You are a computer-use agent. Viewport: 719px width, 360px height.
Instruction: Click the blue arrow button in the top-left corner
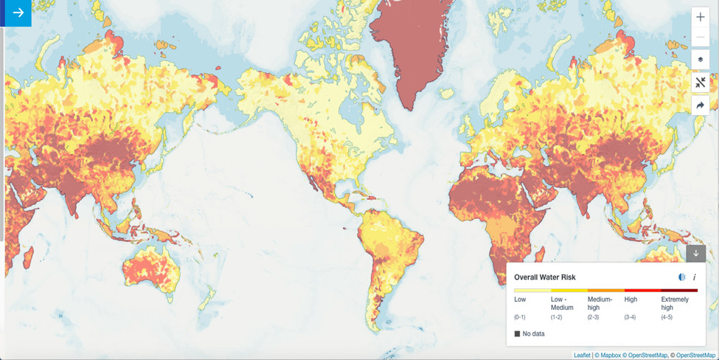tap(16, 13)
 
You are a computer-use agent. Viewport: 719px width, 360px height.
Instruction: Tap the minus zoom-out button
tap(700, 36)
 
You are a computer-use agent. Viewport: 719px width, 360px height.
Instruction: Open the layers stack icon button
tap(700, 60)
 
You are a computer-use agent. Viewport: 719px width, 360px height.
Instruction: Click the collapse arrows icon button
tap(700, 83)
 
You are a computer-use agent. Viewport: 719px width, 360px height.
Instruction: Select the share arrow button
tap(700, 105)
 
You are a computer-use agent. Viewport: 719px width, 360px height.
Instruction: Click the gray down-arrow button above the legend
tap(695, 253)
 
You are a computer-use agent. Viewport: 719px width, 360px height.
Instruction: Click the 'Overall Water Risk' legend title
tap(545, 277)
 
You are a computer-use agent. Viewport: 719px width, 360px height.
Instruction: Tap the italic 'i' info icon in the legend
tap(694, 277)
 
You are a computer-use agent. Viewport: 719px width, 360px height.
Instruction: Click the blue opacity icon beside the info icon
tap(681, 277)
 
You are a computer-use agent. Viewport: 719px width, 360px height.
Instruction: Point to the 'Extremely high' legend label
tap(675, 303)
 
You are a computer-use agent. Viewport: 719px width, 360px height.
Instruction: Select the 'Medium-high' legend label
tap(600, 303)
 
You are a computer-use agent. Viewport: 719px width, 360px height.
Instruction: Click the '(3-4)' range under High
tap(631, 317)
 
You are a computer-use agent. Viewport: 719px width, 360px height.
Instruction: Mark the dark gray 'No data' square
tap(518, 334)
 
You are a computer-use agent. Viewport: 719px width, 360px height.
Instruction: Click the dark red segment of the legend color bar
tap(678, 291)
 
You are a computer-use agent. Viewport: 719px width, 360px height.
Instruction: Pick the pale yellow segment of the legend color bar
tap(532, 291)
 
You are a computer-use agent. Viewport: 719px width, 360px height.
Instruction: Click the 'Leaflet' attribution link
tap(583, 356)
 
